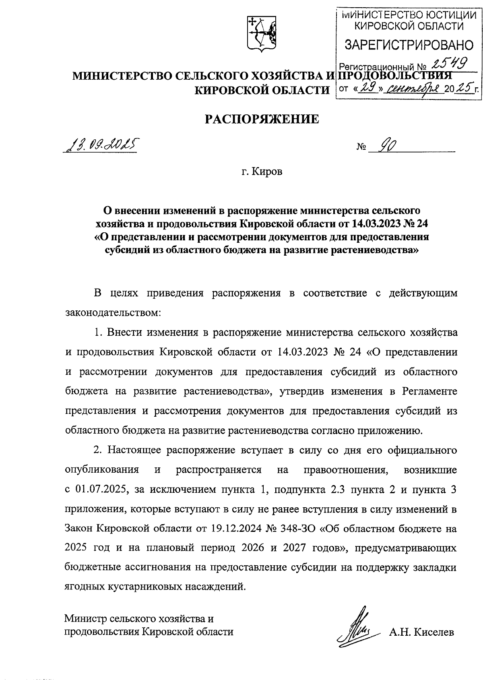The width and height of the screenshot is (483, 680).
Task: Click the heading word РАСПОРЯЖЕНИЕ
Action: [262, 119]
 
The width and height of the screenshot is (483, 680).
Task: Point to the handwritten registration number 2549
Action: [448, 62]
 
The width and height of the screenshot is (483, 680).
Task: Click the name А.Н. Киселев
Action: [421, 632]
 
